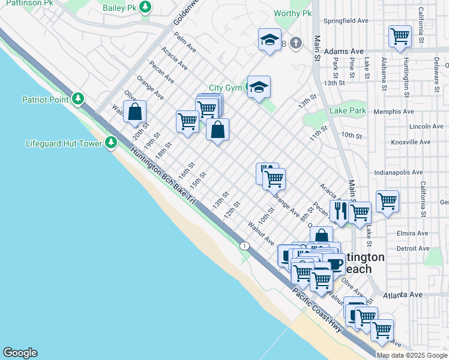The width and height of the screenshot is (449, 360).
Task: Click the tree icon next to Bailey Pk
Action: click(145, 7)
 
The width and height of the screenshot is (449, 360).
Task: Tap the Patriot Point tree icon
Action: click(77, 99)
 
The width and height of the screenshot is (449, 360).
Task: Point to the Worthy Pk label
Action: click(292, 13)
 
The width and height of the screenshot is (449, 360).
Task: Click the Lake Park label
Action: click(348, 110)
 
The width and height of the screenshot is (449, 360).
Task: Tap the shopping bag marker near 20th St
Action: click(135, 112)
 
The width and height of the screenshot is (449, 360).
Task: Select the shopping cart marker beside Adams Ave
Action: click(400, 36)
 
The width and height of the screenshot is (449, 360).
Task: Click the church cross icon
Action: click(295, 43)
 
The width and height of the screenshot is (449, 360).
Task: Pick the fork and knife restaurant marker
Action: click(340, 211)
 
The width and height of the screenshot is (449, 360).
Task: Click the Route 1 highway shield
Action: click(244, 245)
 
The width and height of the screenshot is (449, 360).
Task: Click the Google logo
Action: click(20, 353)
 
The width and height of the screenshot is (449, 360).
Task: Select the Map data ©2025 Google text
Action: click(412, 355)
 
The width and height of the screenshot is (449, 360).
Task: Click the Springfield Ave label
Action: click(346, 20)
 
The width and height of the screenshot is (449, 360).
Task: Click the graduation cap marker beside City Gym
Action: click(259, 88)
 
